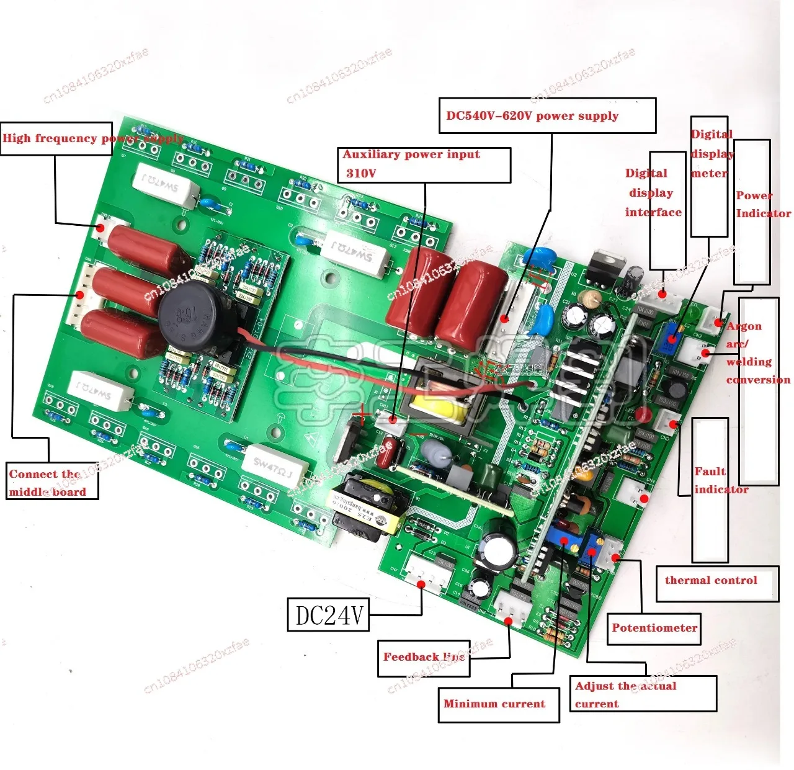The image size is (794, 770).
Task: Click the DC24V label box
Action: (328, 615)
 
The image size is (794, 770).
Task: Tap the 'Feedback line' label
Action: (424, 658)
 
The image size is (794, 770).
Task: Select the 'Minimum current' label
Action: (494, 704)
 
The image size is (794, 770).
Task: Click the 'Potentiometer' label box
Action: (654, 629)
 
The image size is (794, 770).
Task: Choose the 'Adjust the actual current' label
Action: (625, 694)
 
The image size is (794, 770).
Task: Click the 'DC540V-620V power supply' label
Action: (532, 116)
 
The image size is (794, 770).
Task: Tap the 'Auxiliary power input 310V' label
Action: (411, 164)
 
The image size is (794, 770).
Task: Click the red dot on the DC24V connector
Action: (421, 584)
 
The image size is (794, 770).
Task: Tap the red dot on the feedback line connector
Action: (508, 620)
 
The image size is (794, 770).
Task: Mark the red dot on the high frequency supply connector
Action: (100, 228)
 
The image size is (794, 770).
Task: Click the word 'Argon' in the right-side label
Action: (744, 326)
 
